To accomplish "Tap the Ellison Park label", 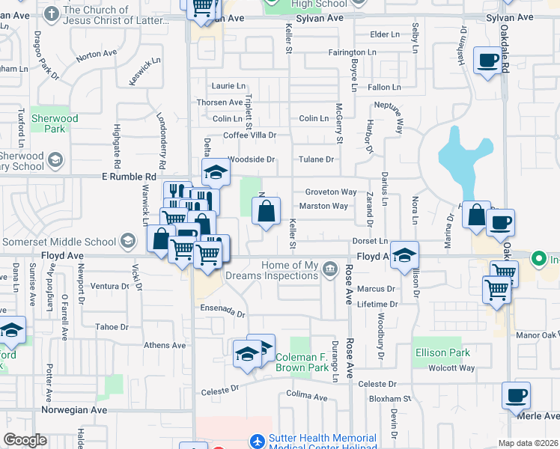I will point(442,352).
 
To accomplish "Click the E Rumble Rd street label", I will point(128,177).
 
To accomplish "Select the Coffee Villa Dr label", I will point(250,135).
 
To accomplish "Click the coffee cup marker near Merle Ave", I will point(516,396).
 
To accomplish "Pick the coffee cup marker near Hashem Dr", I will point(487,60).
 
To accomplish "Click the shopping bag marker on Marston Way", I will point(267,212).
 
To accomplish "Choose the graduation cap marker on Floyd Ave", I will point(404,255).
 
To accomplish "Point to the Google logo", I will point(25,440).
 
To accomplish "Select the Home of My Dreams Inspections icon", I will point(330,267).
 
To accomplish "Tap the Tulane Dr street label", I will point(316,159).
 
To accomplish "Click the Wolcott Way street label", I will point(451,368).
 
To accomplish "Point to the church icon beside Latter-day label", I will point(51,13).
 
